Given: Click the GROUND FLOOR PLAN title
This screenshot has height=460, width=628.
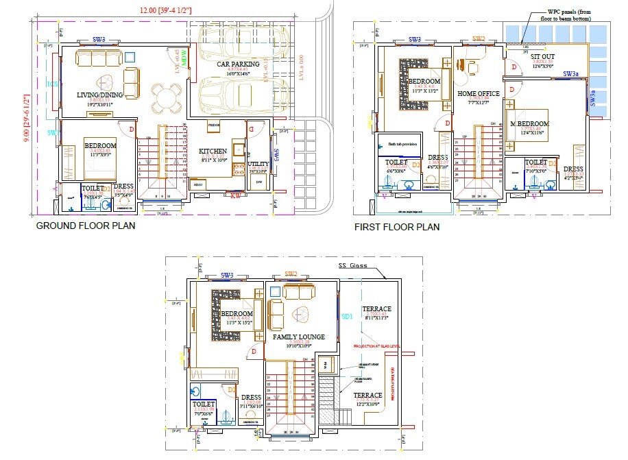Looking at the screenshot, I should [x=85, y=225].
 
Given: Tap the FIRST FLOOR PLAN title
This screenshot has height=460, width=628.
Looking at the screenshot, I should [x=396, y=226].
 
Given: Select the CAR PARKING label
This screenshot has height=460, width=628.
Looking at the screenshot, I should [x=238, y=64].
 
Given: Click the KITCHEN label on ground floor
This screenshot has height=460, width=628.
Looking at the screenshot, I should [x=213, y=151].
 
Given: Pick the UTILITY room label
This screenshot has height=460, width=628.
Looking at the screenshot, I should [x=258, y=165].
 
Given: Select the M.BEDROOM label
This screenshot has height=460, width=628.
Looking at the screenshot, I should [x=530, y=124].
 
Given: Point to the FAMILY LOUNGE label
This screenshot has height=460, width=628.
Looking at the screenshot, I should [x=298, y=337].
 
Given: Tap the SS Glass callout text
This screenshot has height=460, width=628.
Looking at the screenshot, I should [x=353, y=265].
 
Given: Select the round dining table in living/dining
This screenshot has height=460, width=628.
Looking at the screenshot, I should [x=165, y=97].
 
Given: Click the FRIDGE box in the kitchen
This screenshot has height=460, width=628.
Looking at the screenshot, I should [x=214, y=126].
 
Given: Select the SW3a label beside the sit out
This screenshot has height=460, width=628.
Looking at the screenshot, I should [x=570, y=73].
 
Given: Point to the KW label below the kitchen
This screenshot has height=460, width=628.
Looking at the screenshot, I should [x=235, y=195].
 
